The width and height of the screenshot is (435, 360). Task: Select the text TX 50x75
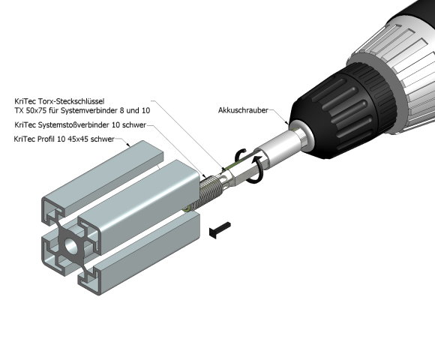tap(31, 109)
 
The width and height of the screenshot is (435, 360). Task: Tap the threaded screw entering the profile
tap(211, 187)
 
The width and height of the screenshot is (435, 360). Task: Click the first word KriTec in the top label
tap(25, 100)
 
